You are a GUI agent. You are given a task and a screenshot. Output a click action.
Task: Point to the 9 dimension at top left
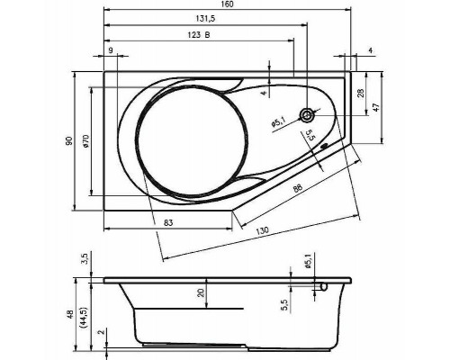click(x=110, y=51)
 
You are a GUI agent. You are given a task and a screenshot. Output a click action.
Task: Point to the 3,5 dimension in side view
click(x=84, y=260)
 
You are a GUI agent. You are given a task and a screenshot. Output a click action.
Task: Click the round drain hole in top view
click(x=309, y=115)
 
